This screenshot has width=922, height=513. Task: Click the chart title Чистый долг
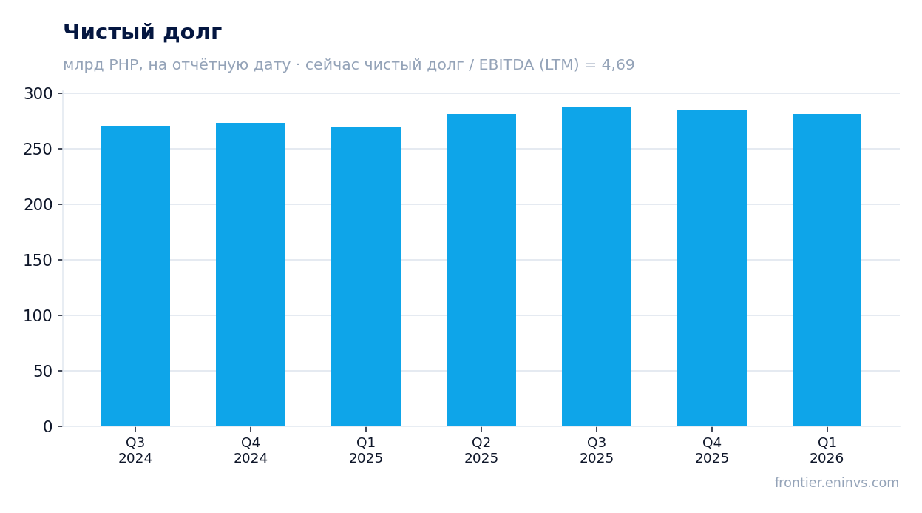[x=143, y=33]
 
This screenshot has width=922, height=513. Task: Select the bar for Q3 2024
[x=135, y=275]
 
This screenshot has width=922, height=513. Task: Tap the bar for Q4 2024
[x=251, y=275]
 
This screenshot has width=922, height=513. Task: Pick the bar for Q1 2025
[x=366, y=276]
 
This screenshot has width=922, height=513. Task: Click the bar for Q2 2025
[x=481, y=270]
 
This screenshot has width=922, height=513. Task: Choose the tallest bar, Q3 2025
[x=597, y=266]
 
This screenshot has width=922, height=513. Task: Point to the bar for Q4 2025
[x=712, y=268]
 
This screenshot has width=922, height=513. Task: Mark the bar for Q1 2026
[x=827, y=270]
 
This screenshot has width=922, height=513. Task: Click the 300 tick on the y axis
[x=38, y=94]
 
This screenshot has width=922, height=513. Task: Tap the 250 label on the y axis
[x=38, y=149]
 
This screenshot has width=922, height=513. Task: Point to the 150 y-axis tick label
[x=38, y=261]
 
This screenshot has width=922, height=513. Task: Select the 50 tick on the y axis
[x=43, y=372]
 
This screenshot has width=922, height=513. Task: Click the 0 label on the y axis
[x=48, y=427]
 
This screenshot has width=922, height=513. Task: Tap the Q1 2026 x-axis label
[x=827, y=450]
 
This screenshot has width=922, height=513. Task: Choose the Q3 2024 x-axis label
[x=135, y=450]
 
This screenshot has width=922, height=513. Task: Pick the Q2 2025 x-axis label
[x=481, y=450]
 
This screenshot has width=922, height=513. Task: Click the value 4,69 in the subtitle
[x=618, y=65]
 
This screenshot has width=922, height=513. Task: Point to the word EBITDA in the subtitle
[x=506, y=64]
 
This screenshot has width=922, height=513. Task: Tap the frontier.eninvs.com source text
[x=837, y=483]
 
